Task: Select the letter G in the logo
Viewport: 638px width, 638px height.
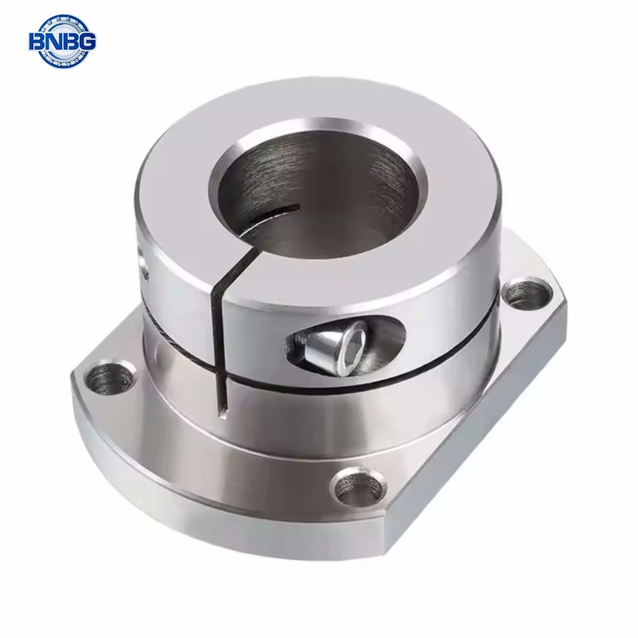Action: click(x=86, y=42)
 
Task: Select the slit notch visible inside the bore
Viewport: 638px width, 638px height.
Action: click(x=274, y=214)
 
